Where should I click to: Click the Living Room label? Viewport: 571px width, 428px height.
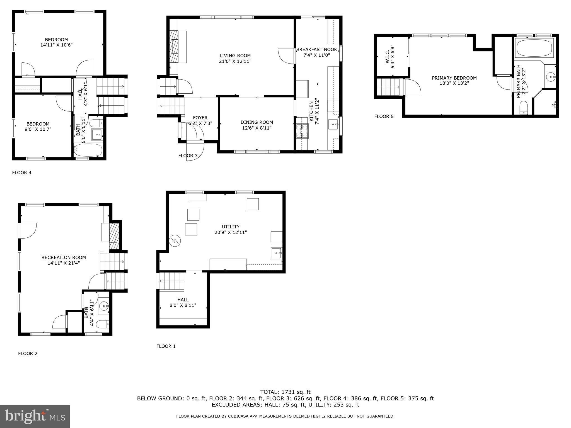tap(235, 56)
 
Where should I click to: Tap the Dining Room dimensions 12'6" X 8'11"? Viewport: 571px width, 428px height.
tap(257, 128)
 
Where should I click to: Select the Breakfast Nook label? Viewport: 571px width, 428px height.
tap(317, 50)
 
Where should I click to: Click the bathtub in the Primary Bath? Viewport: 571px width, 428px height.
tap(534, 48)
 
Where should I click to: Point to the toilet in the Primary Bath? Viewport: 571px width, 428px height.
tap(524, 107)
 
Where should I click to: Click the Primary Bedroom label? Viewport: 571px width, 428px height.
tap(454, 78)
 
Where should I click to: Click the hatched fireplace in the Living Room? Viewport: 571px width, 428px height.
tap(175, 46)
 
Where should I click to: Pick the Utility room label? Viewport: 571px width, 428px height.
tap(231, 227)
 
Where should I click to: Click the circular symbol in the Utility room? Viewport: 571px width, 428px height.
tap(175, 240)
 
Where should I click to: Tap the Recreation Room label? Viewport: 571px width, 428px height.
tap(64, 257)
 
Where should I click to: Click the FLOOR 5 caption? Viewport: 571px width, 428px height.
tap(384, 116)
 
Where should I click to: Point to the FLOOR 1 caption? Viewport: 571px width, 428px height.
tap(166, 346)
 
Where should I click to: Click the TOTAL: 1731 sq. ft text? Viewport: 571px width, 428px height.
tap(285, 392)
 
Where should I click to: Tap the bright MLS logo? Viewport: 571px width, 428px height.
tap(35, 416)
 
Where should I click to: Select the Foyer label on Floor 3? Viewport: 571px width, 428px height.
tap(200, 118)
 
